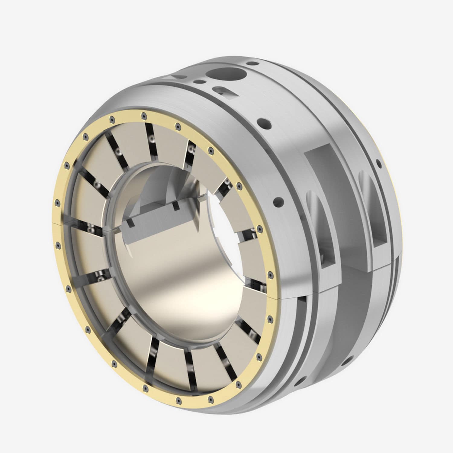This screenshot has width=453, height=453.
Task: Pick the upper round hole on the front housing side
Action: [x=262, y=124]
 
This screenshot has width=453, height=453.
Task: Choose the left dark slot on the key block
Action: [x=130, y=223]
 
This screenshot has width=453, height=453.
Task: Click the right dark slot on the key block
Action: [x=176, y=206]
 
